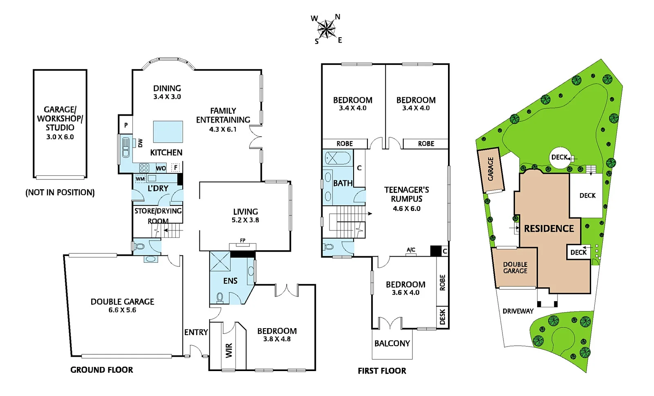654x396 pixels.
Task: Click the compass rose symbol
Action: pos(326,29)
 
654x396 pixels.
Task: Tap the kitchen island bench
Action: pos(168,132)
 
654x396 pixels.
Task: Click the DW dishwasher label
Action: pos(141,143)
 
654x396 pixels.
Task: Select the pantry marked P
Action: pos(126,125)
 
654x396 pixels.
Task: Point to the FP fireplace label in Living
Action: pos(243,240)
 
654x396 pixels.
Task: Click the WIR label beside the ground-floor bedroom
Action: pos(229,350)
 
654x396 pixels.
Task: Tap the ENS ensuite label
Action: pos(230,281)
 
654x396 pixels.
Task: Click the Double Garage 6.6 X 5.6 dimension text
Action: pos(122,310)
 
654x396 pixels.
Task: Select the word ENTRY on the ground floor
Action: pos(196,332)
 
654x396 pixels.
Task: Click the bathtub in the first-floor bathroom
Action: pos(338,158)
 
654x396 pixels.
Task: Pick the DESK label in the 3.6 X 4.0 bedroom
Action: pos(442,317)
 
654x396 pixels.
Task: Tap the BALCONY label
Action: pos(392,344)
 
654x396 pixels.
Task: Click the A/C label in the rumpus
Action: pos(411,250)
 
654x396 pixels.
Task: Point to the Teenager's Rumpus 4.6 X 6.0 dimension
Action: pos(406,208)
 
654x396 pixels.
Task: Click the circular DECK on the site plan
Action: pos(560,157)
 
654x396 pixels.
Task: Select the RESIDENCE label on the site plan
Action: pos(549,228)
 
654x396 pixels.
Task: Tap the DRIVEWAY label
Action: pos(518,311)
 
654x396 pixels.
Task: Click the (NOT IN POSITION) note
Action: pos(60,192)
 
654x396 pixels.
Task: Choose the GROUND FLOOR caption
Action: pos(102,370)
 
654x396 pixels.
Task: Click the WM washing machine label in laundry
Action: pos(140,179)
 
